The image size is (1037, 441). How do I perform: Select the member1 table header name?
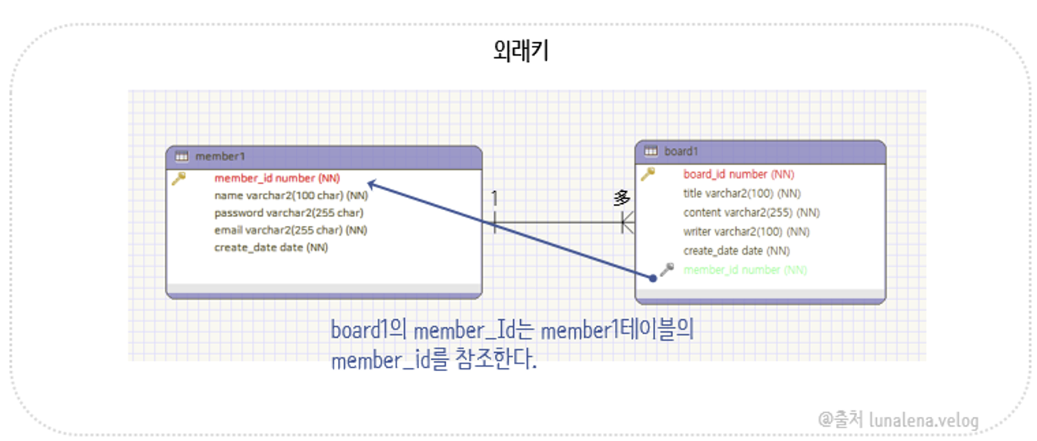pyautogui.click(x=220, y=157)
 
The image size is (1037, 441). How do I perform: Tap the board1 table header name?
pyautogui.click(x=681, y=151)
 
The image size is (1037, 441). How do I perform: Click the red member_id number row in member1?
pyautogui.click(x=277, y=178)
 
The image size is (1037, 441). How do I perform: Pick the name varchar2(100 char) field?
pyautogui.click(x=290, y=196)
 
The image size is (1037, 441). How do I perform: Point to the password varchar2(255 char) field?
pyautogui.click(x=288, y=213)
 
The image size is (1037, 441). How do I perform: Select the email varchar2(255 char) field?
pyautogui.click(x=290, y=230)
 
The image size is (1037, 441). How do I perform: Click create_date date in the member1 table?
pyautogui.click(x=271, y=247)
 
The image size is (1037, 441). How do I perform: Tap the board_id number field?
pyautogui.click(x=738, y=175)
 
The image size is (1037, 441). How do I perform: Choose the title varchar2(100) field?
pyautogui.click(x=741, y=193)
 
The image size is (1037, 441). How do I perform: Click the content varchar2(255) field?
pyautogui.click(x=751, y=212)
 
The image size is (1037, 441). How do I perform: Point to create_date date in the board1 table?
pyautogui.click(x=736, y=251)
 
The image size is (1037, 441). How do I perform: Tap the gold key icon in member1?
pyautogui.click(x=178, y=179)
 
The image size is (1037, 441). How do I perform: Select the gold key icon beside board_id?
pyautogui.click(x=647, y=175)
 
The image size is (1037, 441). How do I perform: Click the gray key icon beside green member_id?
pyautogui.click(x=666, y=269)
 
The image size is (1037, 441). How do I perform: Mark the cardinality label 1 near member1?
pyautogui.click(x=494, y=199)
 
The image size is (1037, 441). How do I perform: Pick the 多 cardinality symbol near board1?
pyautogui.click(x=622, y=198)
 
